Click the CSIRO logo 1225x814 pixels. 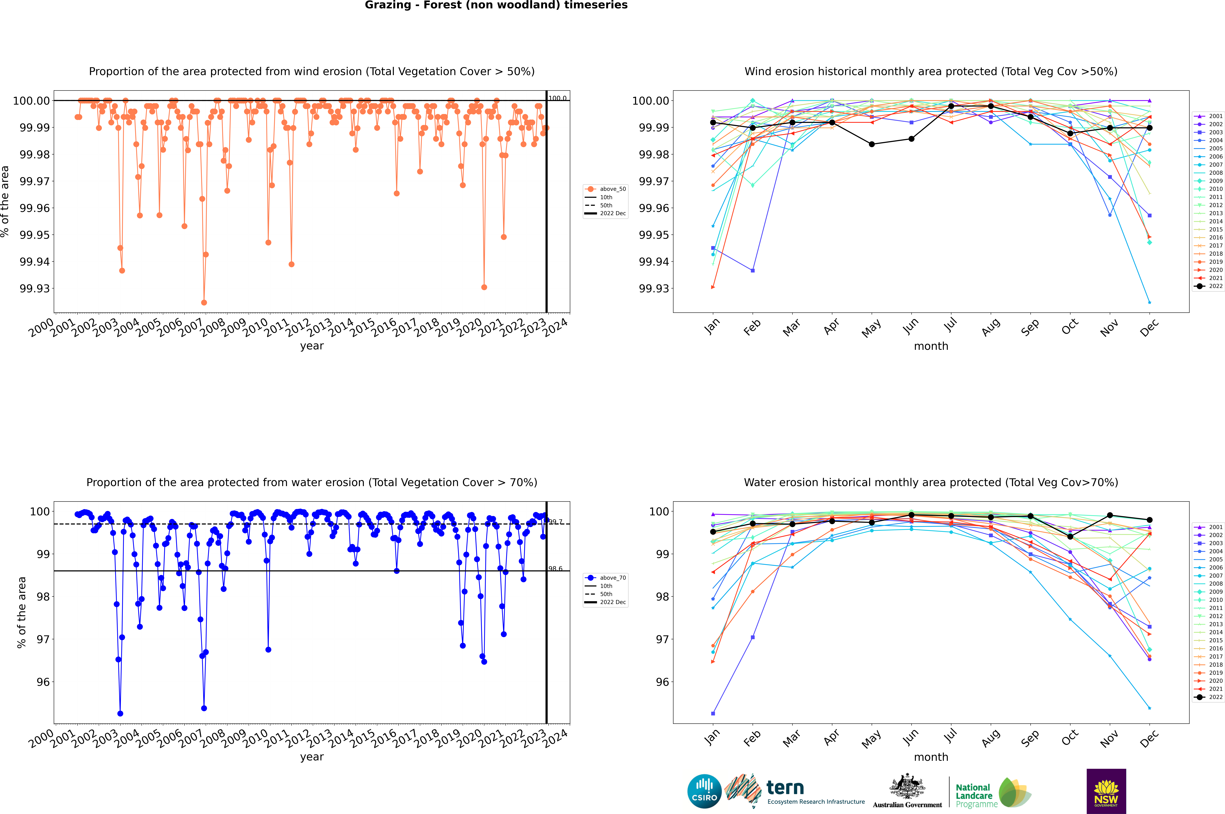tap(704, 791)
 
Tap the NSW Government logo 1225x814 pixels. tap(1106, 791)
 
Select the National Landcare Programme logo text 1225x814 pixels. tap(974, 795)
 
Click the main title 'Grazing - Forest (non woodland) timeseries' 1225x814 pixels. tap(496, 5)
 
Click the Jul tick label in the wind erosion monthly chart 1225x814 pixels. tap(950, 325)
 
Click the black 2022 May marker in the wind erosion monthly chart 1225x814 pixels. tap(872, 144)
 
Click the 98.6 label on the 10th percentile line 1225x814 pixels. tap(555, 569)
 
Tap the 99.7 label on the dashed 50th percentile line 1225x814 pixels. tap(555, 522)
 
